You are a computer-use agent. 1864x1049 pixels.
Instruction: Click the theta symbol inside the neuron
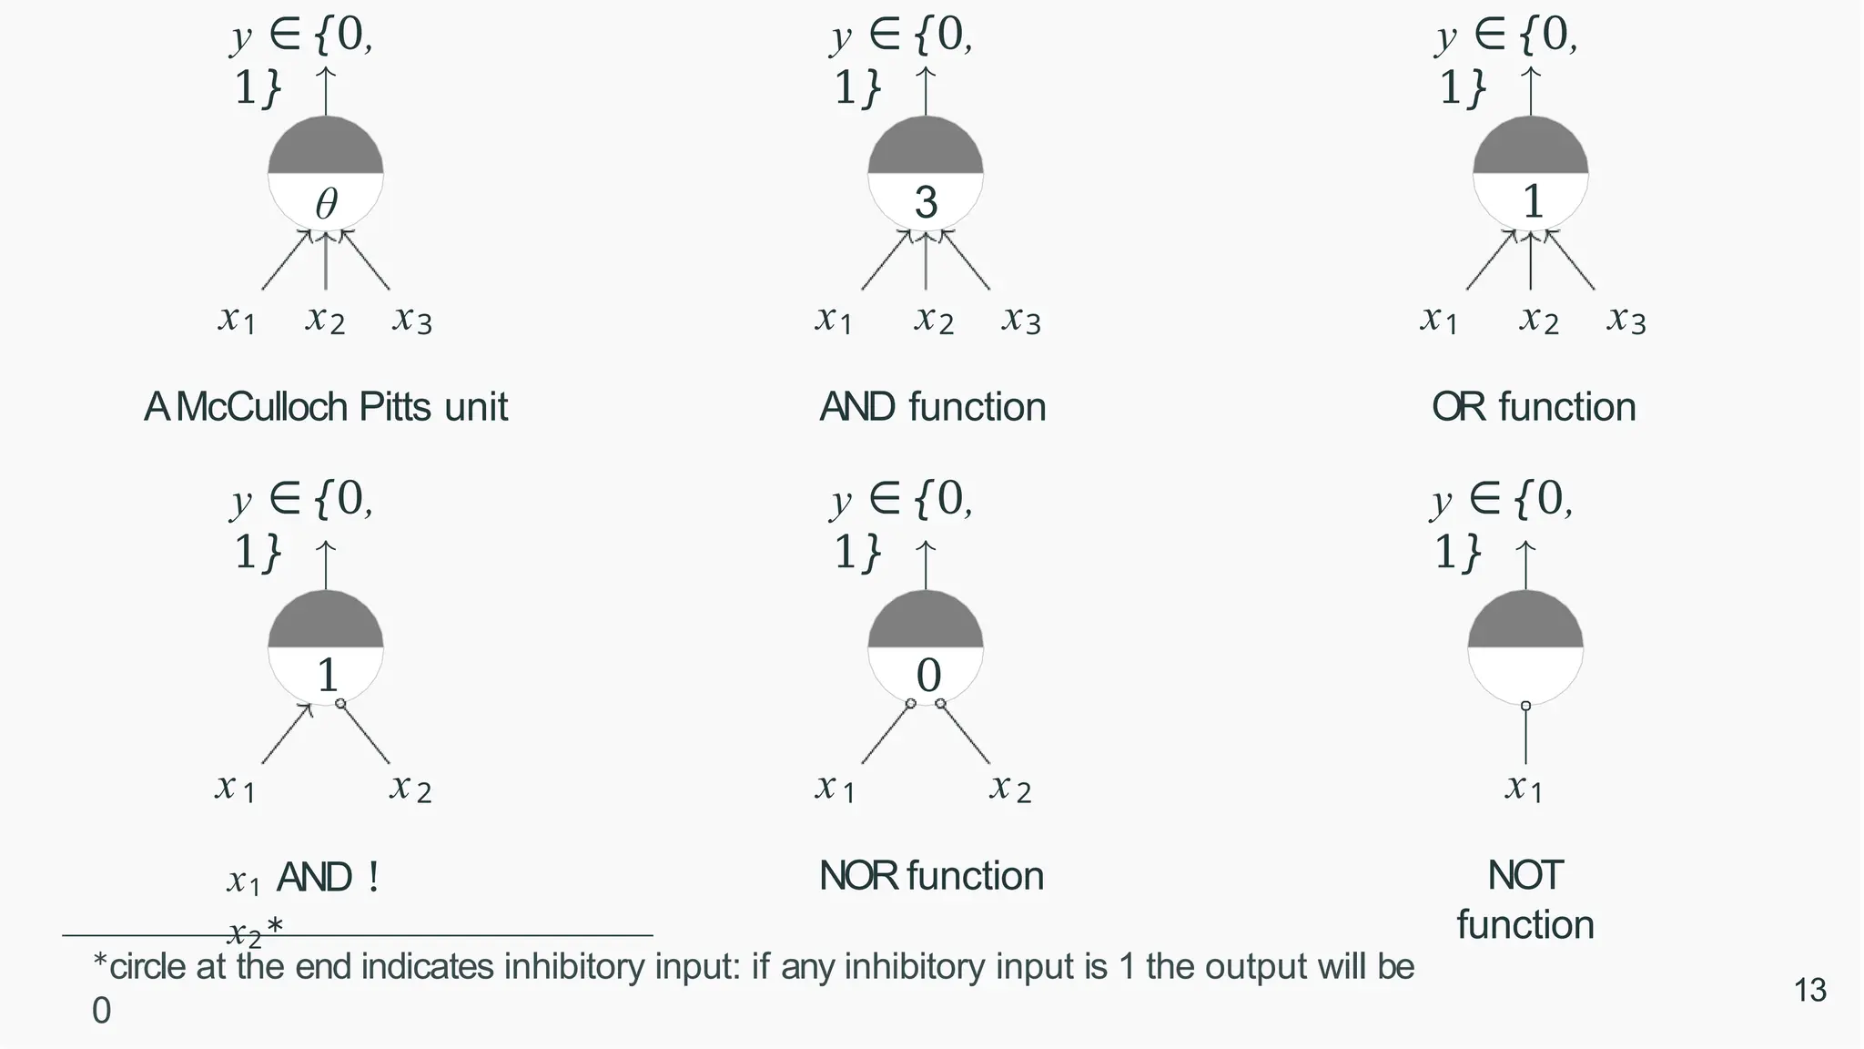[x=326, y=203]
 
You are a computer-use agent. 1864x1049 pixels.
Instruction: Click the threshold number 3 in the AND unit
[x=926, y=202]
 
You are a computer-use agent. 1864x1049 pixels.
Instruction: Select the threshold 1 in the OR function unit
[x=1533, y=202]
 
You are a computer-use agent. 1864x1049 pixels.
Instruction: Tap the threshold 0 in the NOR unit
[x=927, y=676]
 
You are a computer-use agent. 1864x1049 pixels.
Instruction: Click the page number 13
[x=1809, y=990]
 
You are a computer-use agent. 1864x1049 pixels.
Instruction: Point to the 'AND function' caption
[x=932, y=407]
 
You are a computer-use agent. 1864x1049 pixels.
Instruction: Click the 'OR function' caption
[x=1533, y=407]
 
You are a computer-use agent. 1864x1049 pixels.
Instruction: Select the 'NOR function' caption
[x=931, y=876]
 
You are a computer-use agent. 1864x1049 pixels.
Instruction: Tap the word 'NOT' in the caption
[x=1525, y=876]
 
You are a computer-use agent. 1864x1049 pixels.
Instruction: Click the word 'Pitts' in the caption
[x=398, y=407]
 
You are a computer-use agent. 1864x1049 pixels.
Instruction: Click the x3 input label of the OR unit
[x=1626, y=320]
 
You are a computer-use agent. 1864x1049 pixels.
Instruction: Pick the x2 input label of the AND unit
[x=934, y=320]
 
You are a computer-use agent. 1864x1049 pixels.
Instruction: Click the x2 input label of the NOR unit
[x=1010, y=787]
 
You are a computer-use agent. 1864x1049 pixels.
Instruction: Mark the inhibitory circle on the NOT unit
[x=1525, y=706]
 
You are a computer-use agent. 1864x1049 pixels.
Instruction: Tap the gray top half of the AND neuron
[x=926, y=148]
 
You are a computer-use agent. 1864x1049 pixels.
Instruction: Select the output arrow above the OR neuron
[x=1531, y=91]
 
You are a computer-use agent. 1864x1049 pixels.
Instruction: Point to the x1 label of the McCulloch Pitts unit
[x=237, y=320]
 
